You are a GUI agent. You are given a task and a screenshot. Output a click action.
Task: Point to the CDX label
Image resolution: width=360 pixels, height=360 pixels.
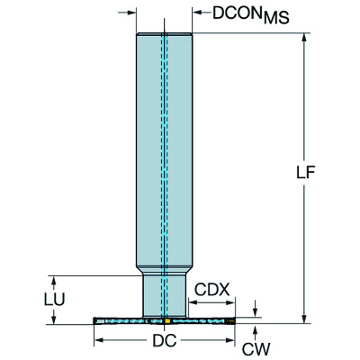pos(213,290)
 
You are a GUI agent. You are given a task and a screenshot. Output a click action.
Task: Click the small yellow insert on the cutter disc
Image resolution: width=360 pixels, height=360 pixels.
pos(168,319)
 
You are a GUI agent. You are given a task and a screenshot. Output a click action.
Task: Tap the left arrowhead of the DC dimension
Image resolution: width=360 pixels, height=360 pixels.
pos(98,340)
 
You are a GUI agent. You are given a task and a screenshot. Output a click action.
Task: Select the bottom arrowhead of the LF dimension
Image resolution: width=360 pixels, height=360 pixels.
pos(306,316)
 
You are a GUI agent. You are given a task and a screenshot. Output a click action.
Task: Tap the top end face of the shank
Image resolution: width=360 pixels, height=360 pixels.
pos(165,33)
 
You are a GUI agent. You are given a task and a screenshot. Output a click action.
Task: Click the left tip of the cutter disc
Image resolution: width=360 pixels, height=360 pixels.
pos(94,319)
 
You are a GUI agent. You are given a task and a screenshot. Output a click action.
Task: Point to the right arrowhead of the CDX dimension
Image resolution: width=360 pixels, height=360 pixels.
pos(231,303)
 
